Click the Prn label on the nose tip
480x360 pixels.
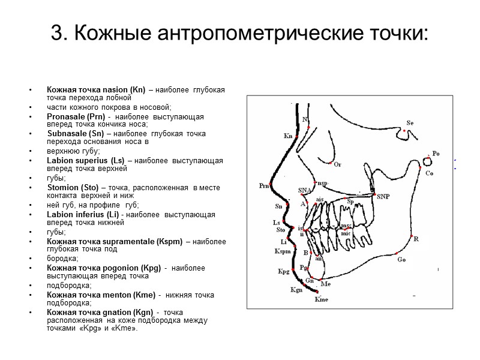[x=263, y=186]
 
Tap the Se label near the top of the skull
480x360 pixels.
[x=410, y=123]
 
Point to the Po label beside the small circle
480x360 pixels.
[x=436, y=154]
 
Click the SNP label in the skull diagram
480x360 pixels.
[x=383, y=197]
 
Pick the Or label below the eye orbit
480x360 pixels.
[x=337, y=164]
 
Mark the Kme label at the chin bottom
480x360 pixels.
[x=321, y=299]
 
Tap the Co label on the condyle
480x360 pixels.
[x=429, y=173]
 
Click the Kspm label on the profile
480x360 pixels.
[x=282, y=251]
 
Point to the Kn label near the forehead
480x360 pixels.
[x=288, y=136]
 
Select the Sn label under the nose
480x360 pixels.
[x=278, y=206]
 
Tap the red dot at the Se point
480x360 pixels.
[x=405, y=130]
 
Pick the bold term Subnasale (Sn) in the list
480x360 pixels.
[x=74, y=133]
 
